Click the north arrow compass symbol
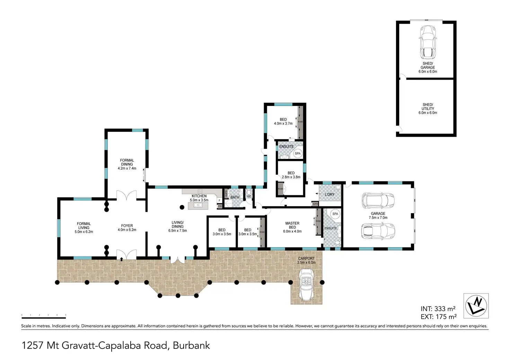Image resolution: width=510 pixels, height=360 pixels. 476,306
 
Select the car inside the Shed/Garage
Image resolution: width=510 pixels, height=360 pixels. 428,42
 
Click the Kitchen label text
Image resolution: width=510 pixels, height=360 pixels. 199,196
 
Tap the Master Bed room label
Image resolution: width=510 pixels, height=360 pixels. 292,225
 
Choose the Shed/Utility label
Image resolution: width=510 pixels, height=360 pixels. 428,107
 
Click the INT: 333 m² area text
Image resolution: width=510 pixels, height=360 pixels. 438,309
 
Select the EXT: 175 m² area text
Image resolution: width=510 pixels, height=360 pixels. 438,317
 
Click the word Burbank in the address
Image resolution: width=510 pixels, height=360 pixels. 191,345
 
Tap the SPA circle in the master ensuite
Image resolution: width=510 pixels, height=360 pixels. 335,214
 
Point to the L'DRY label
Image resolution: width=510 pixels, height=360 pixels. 329,195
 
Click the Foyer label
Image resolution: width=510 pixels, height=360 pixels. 127,226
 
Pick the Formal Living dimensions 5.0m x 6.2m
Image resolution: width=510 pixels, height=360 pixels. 84,232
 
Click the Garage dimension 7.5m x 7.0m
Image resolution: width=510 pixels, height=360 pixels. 378,218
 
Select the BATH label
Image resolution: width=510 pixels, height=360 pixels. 235,197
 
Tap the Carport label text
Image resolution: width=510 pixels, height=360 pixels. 306,259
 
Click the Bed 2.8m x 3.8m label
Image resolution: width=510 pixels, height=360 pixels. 291,175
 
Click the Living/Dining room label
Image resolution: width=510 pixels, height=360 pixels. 177,225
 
